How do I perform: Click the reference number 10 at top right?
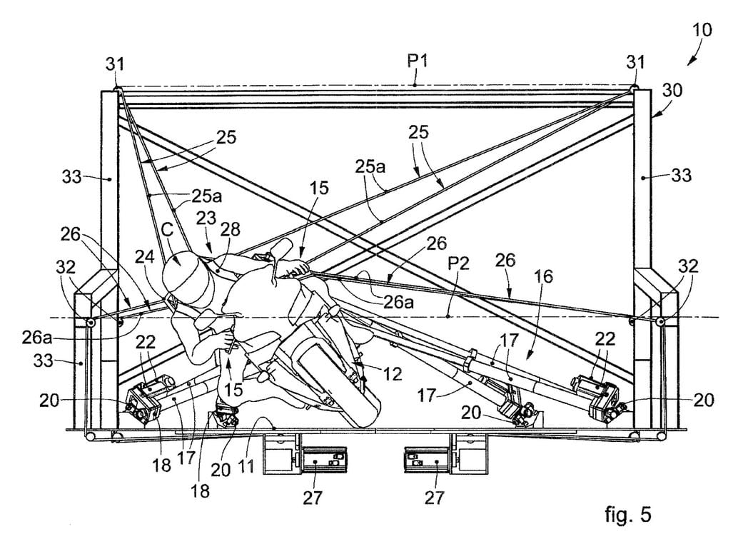click(x=702, y=30)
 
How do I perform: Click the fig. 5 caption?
click(x=628, y=514)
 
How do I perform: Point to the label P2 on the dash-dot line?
click(x=458, y=263)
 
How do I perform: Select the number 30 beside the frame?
click(x=672, y=90)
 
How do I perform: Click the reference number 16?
click(x=544, y=276)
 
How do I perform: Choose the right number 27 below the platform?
click(x=435, y=497)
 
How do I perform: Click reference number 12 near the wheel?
click(x=392, y=373)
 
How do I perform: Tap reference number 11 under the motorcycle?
click(x=246, y=467)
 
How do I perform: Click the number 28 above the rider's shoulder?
click(x=230, y=229)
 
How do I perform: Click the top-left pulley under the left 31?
click(x=117, y=88)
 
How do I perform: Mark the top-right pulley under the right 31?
click(x=635, y=88)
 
